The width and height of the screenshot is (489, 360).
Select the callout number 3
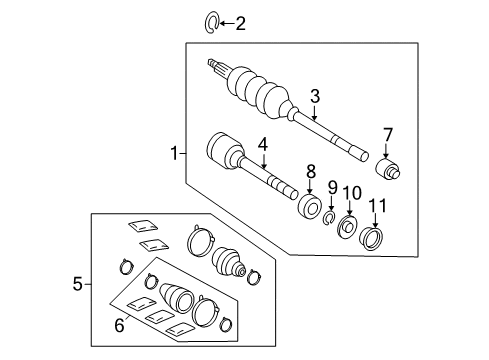click(315, 96)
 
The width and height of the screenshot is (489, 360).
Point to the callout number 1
click(173, 154)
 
